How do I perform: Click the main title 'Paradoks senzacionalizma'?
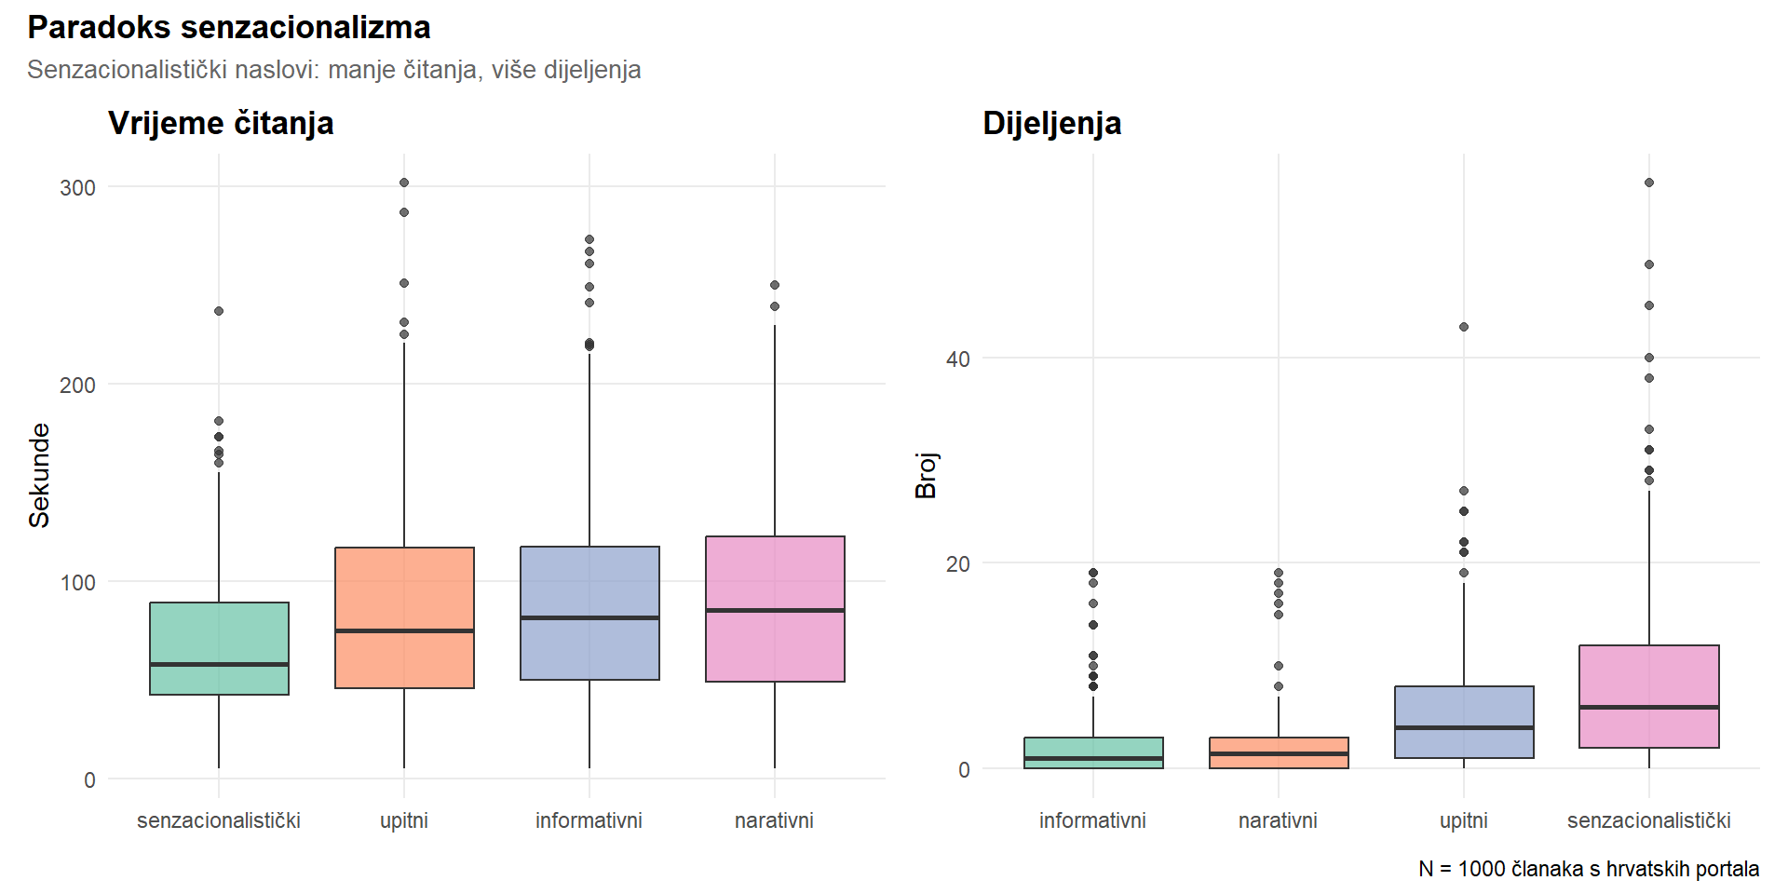tap(228, 28)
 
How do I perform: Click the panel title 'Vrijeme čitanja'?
tap(221, 123)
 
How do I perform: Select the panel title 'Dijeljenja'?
tap(1051, 123)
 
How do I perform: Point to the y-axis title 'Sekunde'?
tap(39, 475)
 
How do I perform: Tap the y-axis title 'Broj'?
tap(926, 475)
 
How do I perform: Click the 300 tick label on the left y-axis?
tap(77, 187)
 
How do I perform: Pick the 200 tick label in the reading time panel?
tap(77, 385)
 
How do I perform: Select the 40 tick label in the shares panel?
tap(957, 359)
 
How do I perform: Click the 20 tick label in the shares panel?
tap(957, 563)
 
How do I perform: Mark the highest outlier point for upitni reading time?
tap(404, 183)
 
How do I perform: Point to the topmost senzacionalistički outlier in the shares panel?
tap(1649, 183)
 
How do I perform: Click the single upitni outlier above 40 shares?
tap(1464, 327)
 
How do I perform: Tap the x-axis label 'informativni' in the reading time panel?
tap(589, 820)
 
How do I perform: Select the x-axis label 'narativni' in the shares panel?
tap(1278, 820)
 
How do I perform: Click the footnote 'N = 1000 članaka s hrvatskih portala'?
tap(1589, 869)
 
